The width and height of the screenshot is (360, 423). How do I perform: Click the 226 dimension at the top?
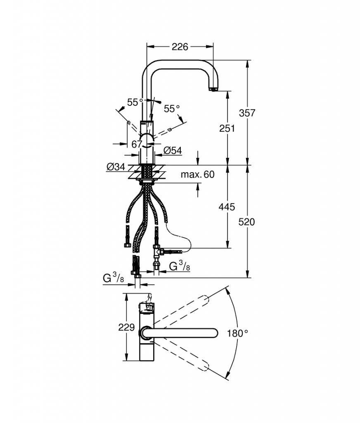point(180,47)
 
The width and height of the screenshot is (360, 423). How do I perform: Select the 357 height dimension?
point(247,113)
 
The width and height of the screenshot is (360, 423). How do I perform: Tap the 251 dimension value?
point(227,128)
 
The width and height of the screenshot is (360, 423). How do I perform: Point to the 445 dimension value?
point(227,207)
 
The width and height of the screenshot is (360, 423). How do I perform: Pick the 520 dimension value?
point(246,222)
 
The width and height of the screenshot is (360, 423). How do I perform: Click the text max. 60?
point(198,175)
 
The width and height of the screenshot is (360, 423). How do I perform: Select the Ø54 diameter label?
point(173,150)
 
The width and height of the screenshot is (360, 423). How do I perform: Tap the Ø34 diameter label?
point(116,167)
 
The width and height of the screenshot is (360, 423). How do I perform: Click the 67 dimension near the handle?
point(137,144)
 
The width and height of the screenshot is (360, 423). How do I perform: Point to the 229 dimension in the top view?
point(126,327)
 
